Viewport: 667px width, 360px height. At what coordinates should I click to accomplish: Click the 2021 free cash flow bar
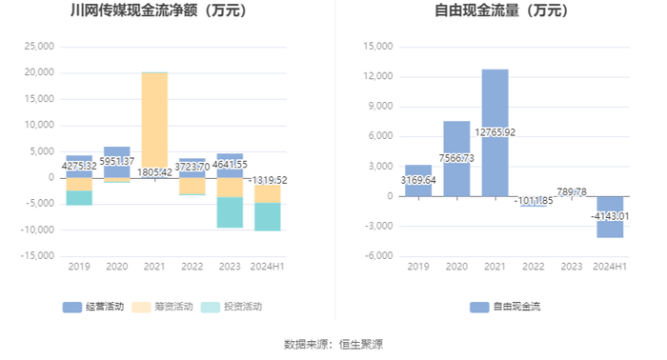pos(495,132)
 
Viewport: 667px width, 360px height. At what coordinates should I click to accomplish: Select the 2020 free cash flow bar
pos(456,158)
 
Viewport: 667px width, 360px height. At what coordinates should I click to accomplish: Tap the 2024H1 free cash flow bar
pos(610,217)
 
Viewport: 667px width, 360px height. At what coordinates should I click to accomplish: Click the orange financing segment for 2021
pos(154,120)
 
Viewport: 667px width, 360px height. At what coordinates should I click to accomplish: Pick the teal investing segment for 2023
pos(230,212)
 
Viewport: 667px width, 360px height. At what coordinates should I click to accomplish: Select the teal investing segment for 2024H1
pos(268,217)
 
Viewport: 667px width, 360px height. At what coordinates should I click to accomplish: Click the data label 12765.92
pos(495,132)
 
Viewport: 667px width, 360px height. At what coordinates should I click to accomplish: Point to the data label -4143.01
pos(610,216)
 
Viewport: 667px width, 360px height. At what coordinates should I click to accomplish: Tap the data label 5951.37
pos(117,161)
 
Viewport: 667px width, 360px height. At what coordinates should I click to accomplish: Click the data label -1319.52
pos(268,180)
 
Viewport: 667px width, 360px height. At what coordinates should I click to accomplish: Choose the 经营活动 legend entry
pos(93,307)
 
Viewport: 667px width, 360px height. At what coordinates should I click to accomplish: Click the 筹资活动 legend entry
pos(162,307)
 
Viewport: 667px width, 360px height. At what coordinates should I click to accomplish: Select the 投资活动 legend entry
pos(232,307)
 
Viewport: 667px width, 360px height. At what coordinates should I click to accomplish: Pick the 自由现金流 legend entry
pos(505,307)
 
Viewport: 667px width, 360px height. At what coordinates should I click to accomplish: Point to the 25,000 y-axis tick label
pos(39,47)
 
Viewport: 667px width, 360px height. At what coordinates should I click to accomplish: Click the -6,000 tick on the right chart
pos(378,256)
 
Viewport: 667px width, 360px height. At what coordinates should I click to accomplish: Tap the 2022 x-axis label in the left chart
pos(192,267)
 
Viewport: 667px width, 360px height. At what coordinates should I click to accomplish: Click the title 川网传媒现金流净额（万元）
pos(159,10)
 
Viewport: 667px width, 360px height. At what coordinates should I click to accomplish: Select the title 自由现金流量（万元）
pos(502,10)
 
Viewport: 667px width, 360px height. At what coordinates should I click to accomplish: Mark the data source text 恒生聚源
pos(361,344)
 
